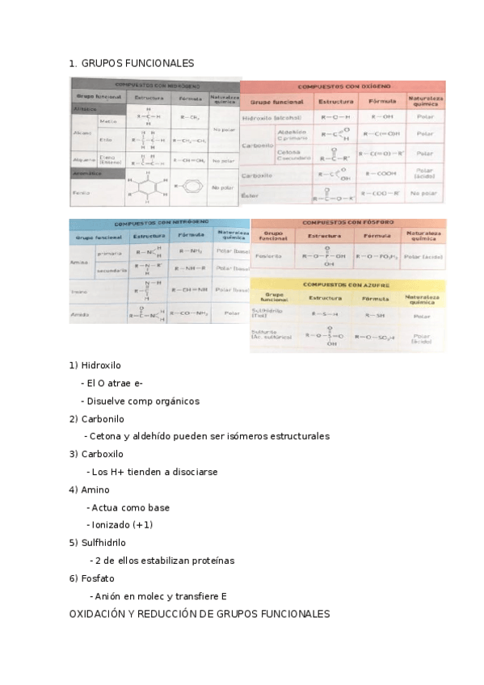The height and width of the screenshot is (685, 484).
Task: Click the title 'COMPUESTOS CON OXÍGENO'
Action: coord(344,85)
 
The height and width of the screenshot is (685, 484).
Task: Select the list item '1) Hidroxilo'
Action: coord(95,365)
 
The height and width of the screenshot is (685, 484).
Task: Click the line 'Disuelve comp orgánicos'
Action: coord(142,401)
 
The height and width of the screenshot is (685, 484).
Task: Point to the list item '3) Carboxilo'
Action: coord(96,454)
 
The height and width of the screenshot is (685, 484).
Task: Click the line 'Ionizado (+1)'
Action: coord(122,525)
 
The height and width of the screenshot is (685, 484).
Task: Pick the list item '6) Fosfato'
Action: coord(92,578)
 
